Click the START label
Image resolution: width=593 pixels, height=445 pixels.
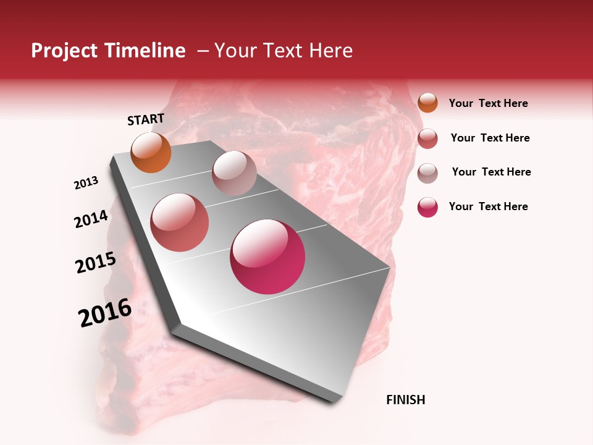click(x=146, y=119)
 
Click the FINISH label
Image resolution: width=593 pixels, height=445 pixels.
click(x=405, y=400)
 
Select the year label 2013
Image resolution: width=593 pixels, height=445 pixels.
click(x=86, y=183)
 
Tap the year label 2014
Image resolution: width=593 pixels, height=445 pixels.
click(x=91, y=219)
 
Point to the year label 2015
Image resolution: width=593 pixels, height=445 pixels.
click(x=96, y=263)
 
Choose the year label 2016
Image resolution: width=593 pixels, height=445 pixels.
click(x=105, y=313)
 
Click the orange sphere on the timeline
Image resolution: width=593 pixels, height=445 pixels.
click(x=151, y=152)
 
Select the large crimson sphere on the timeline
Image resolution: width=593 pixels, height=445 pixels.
click(x=267, y=256)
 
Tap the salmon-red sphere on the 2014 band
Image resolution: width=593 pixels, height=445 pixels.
click(x=179, y=222)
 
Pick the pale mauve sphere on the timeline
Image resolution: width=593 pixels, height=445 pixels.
click(x=234, y=173)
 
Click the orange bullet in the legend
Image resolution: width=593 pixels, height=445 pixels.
click(x=427, y=103)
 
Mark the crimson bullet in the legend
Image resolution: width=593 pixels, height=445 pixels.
click(x=427, y=207)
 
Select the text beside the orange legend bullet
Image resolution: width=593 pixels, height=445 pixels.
click(x=488, y=103)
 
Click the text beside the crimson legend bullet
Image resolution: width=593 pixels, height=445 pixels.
click(x=488, y=206)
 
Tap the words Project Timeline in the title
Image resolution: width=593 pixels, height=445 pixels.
click(x=108, y=51)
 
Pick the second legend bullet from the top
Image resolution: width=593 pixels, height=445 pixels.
click(x=427, y=138)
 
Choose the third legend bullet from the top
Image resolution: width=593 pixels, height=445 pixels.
click(x=427, y=173)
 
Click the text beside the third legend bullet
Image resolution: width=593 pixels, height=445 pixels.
click(x=491, y=172)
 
